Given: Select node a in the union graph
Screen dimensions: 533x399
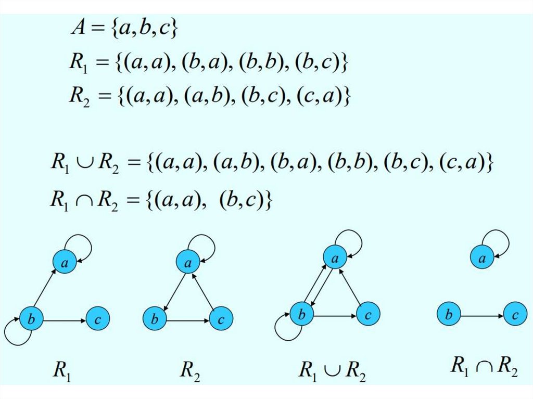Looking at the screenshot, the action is click(336, 258).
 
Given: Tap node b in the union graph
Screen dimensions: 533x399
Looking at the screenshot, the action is click(301, 314).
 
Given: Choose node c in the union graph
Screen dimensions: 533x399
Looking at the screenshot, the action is click(369, 314).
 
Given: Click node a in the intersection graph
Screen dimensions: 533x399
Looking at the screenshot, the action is click(483, 258).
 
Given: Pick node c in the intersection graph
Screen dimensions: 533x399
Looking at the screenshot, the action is click(515, 315).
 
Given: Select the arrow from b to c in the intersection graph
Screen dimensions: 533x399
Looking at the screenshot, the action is click(481, 315).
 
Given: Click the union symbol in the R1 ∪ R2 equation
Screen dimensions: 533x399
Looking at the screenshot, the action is click(81, 165).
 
